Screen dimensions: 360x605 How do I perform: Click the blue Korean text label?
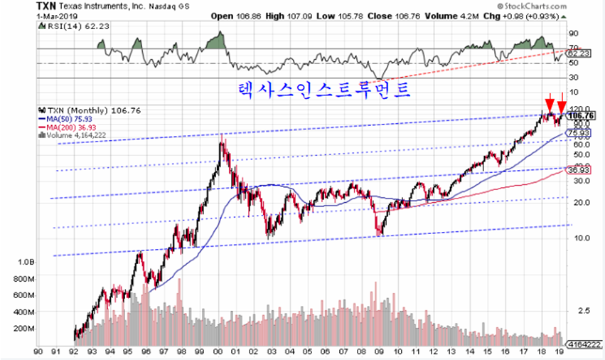[324, 90]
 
